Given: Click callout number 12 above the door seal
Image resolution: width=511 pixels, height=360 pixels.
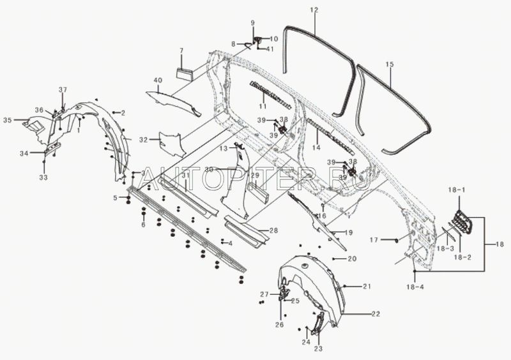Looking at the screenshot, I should coord(314,10).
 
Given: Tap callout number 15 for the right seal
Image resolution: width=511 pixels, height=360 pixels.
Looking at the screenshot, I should coord(390,64).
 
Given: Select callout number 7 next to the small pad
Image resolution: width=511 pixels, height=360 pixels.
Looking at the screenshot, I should coord(181,50).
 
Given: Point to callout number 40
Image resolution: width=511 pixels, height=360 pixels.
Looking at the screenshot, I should coord(157,80).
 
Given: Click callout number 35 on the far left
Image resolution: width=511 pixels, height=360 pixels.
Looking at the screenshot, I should coord(8,120).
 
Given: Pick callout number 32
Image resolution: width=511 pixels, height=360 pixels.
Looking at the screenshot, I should coord(144,139).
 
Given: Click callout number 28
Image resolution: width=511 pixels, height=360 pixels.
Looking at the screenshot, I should coord(273,230).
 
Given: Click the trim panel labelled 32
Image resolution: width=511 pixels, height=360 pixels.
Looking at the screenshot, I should coord(171,144).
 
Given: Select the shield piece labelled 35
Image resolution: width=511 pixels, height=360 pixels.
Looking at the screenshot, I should coord(33,126).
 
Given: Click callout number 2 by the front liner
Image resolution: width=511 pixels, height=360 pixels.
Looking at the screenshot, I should coord(122,112).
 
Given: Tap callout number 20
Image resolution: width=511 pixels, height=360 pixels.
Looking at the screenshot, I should coord(351,259).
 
